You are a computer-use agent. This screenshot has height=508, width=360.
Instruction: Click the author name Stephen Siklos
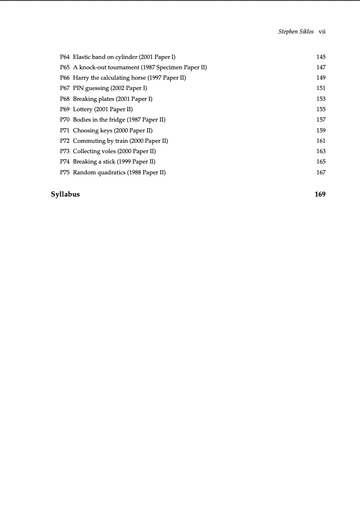pos(296,32)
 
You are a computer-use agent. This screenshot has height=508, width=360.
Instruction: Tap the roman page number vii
pos(322,32)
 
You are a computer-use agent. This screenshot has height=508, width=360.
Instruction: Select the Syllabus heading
pos(65,194)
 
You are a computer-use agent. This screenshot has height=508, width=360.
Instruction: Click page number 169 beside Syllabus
pos(320,194)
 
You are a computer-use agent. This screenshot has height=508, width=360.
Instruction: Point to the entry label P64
pos(65,57)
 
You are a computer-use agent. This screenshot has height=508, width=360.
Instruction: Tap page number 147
pos(321,67)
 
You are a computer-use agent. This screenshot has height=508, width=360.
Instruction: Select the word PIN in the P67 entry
pos(78,88)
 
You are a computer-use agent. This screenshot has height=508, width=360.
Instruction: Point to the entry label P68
pos(65,99)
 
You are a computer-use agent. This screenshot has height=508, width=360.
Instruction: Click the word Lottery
pos(82,109)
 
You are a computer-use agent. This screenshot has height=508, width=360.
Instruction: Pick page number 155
pos(321,109)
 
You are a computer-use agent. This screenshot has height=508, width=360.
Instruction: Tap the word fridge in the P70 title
pos(116,120)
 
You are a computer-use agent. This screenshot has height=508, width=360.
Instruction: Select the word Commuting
pos(89,141)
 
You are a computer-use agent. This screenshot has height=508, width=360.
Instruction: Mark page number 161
pos(321,141)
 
